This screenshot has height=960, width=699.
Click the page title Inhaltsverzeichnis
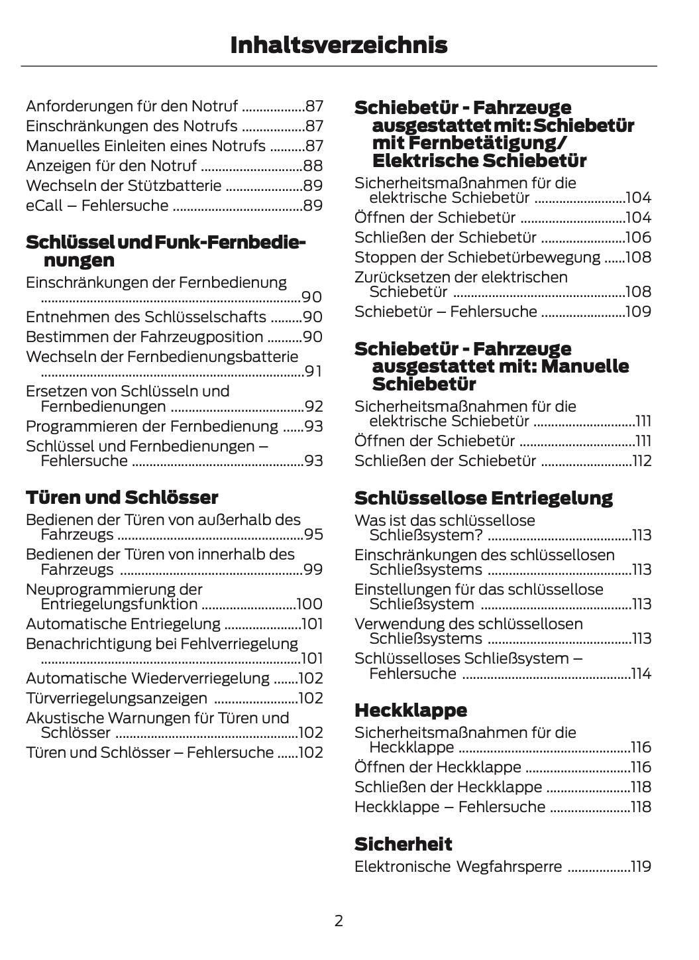339,45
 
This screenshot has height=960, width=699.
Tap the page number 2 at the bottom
339,920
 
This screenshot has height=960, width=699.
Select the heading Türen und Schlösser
122,497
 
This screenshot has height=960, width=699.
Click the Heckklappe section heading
411,710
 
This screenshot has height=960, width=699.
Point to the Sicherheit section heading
403,844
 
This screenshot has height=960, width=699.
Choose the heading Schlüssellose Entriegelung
484,498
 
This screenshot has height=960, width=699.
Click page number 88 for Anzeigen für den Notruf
313,166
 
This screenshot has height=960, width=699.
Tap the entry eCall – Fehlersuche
97,206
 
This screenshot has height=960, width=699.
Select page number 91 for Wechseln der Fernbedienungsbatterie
313,371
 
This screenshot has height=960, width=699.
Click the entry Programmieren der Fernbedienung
152,426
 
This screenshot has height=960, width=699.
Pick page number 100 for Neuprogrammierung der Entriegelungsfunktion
309,604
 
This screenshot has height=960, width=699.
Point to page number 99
313,570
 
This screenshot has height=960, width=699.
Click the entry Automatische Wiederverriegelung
148,678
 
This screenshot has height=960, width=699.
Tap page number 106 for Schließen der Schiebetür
639,237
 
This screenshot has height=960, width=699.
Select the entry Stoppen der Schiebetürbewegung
477,257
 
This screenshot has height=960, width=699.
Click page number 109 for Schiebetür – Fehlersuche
639,312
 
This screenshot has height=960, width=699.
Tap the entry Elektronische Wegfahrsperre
458,867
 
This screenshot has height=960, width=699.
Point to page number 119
641,867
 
